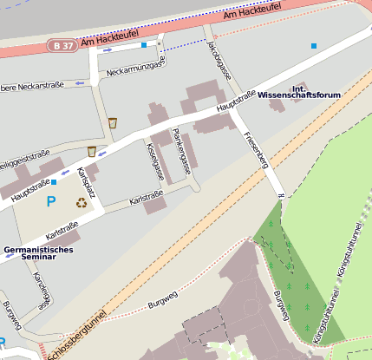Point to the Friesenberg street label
tap(255, 148)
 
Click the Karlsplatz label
tap(86, 183)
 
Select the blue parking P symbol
tap(51, 201)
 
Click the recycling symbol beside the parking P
tap(82, 203)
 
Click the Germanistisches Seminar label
tap(39, 253)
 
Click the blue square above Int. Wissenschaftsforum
tap(314, 45)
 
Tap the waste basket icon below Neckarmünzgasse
tap(112, 123)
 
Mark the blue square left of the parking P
tap(54, 183)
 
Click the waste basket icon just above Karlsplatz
tap(91, 152)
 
